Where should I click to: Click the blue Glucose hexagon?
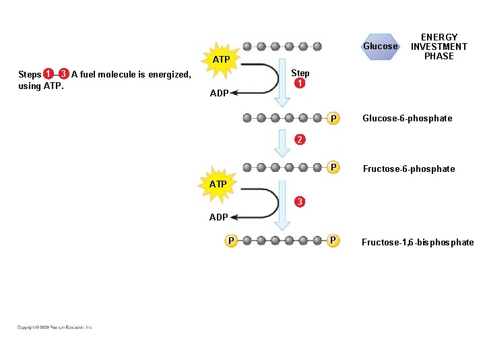point(381,47)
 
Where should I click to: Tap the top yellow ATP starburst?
point(222,60)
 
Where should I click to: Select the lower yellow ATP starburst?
point(218,183)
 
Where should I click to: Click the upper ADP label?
point(219,93)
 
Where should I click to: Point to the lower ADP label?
point(218,217)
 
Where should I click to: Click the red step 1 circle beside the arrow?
point(300,84)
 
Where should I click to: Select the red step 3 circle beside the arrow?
point(300,202)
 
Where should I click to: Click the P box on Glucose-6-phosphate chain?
point(333,119)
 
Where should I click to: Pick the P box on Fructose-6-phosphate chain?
point(333,167)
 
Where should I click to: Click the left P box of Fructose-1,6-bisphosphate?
point(231,240)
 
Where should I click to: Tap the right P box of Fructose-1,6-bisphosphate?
point(333,240)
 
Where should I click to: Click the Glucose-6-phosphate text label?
point(407,119)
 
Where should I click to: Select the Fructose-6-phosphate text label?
point(408,169)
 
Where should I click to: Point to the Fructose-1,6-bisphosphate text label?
point(418,243)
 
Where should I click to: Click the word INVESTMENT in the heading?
point(439,47)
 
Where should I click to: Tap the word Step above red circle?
point(300,73)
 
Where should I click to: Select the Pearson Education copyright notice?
point(55,328)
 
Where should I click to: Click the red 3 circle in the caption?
point(63,73)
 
